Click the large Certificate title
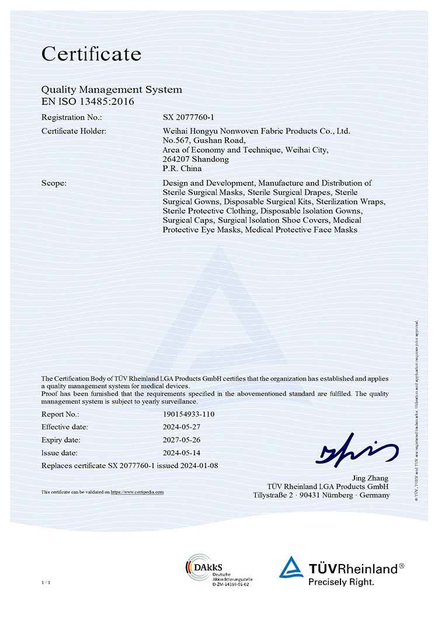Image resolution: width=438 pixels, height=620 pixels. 91,54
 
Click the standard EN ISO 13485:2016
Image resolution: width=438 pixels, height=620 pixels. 88,101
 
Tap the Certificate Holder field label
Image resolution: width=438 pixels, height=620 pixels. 74,131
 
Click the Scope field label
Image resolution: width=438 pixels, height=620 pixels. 54,183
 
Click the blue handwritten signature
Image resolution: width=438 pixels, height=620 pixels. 354,450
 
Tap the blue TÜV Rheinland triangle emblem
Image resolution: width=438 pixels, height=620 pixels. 290,568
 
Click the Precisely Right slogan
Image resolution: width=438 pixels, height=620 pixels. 341,582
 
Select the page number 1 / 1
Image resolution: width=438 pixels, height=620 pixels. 46,583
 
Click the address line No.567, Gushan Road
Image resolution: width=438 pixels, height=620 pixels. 204,141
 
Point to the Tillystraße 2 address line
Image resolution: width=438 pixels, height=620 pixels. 321,495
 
